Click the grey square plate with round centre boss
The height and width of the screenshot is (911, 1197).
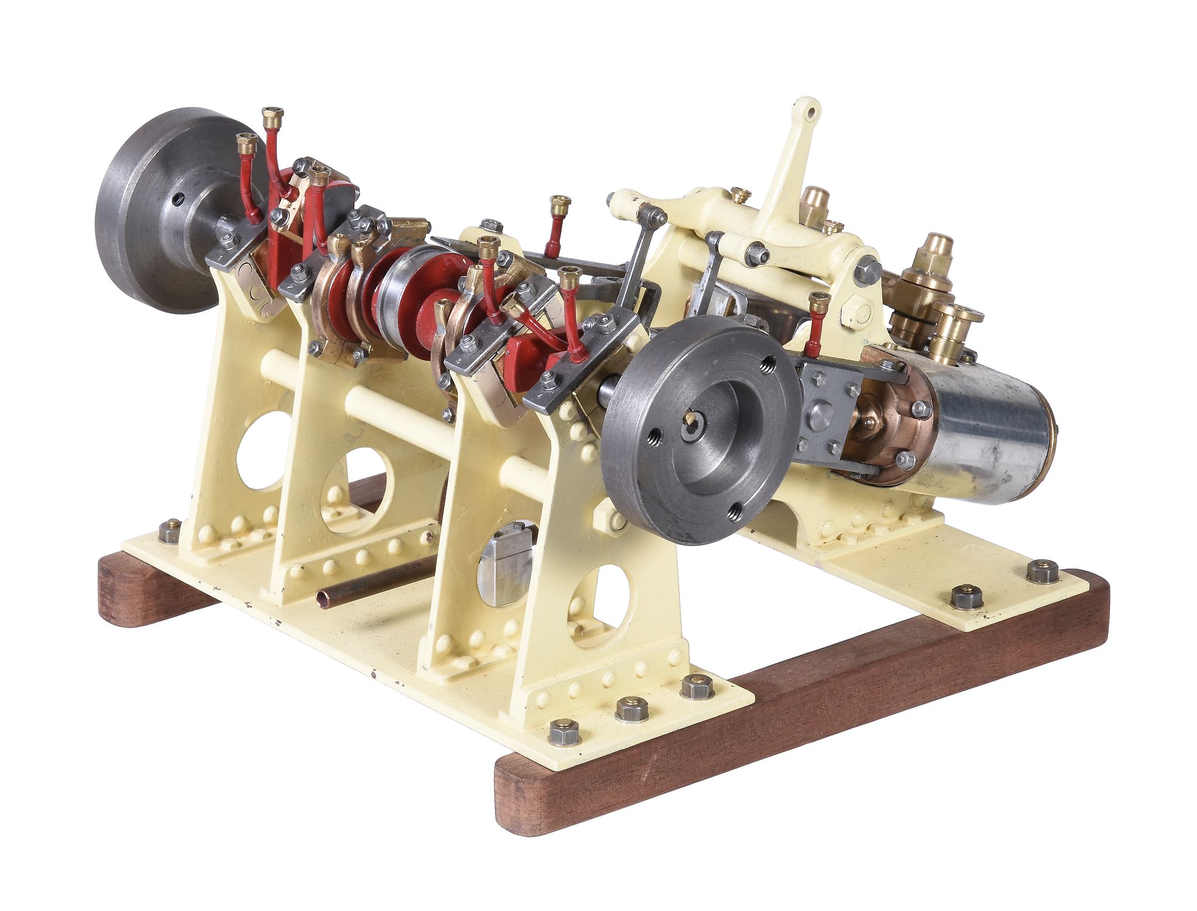coord(824,412)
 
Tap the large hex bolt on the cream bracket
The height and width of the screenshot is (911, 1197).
coord(868,270)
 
